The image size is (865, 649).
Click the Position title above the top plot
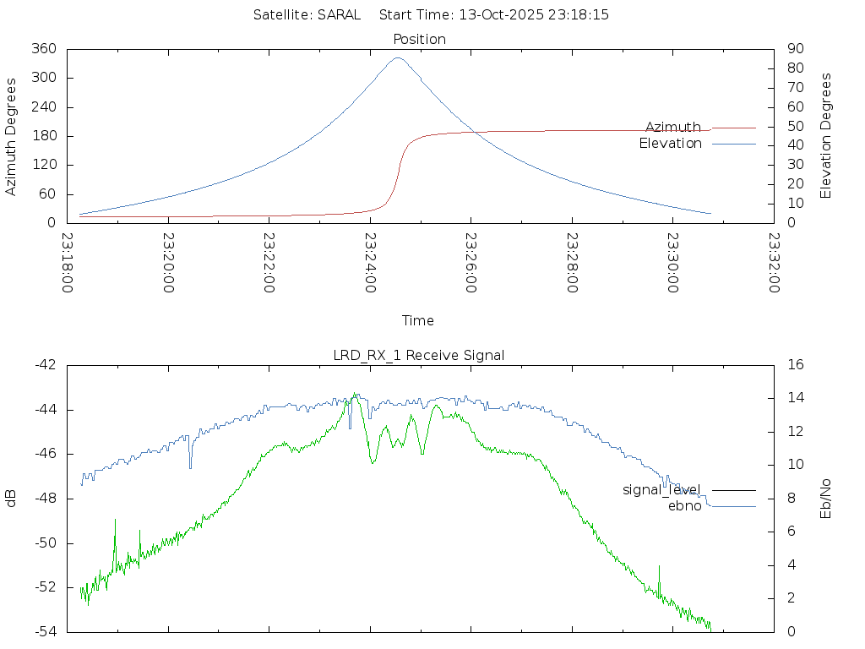coord(420,39)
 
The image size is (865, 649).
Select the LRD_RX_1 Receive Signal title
coord(419,355)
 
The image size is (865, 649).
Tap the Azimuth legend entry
coord(673,127)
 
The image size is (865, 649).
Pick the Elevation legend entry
coord(670,144)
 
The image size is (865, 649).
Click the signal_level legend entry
coord(661,489)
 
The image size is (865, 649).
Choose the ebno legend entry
coord(684,505)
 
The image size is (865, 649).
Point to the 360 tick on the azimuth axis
coord(43,49)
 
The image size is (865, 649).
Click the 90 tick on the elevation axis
coord(794,49)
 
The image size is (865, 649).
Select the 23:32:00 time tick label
coord(774,263)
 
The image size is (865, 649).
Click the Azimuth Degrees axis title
coord(12,136)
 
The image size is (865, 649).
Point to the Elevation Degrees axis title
coord(826,135)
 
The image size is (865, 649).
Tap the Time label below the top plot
coord(418,320)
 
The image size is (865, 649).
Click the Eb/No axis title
coord(826,498)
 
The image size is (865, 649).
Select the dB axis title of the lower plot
coord(12,498)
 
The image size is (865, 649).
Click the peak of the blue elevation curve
coord(398,58)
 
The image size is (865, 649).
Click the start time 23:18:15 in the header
coord(574,14)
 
